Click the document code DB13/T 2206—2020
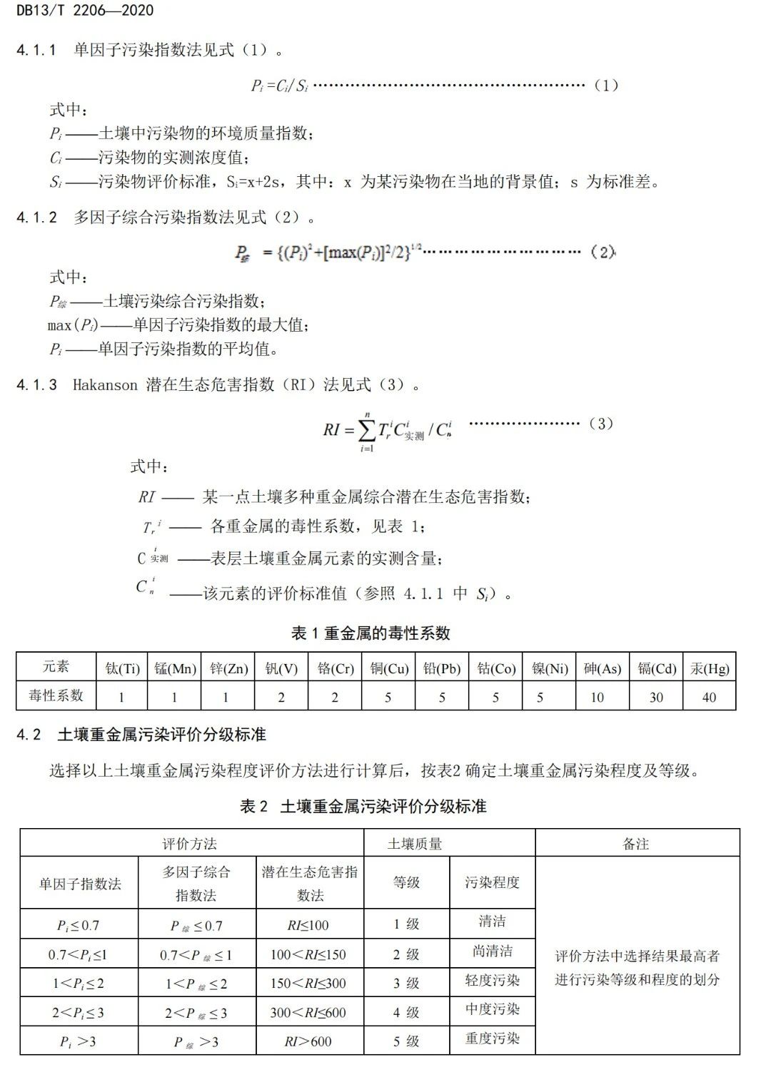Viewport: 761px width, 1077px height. pyautogui.click(x=85, y=10)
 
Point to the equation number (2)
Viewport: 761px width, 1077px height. pyautogui.click(x=603, y=252)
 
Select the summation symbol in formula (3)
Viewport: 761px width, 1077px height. pyautogui.click(x=366, y=431)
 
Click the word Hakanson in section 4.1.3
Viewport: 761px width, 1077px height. pyautogui.click(x=105, y=385)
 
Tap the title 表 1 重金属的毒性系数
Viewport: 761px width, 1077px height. pyautogui.click(x=371, y=633)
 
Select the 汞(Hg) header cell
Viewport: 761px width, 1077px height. pyautogui.click(x=710, y=668)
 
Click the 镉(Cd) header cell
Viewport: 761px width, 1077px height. pyautogui.click(x=656, y=668)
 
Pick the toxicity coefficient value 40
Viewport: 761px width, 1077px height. pyautogui.click(x=709, y=697)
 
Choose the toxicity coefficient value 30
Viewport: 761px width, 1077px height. pyautogui.click(x=656, y=697)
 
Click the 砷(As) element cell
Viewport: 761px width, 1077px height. pyautogui.click(x=602, y=668)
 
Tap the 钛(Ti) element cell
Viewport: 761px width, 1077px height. pyautogui.click(x=122, y=668)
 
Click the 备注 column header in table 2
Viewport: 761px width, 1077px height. pyautogui.click(x=636, y=844)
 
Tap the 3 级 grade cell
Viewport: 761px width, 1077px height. pyautogui.click(x=406, y=983)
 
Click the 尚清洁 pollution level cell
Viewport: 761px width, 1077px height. pyautogui.click(x=493, y=951)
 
